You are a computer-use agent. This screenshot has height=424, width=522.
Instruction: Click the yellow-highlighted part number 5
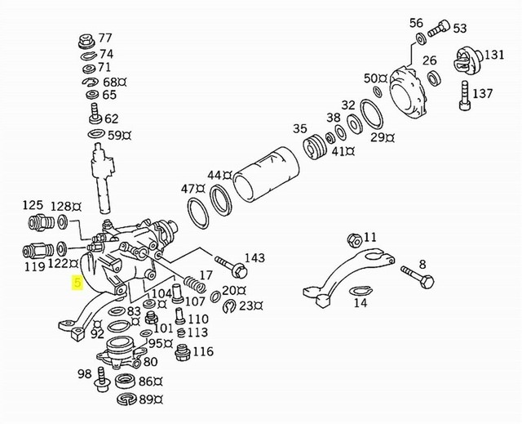77,283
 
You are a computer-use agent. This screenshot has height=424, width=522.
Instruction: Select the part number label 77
106,38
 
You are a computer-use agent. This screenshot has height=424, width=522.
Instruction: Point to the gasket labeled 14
358,291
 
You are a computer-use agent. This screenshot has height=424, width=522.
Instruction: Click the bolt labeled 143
229,268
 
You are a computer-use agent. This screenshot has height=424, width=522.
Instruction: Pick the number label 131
494,55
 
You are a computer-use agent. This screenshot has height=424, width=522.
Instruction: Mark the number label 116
202,352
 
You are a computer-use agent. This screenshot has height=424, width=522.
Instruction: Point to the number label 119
34,266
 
